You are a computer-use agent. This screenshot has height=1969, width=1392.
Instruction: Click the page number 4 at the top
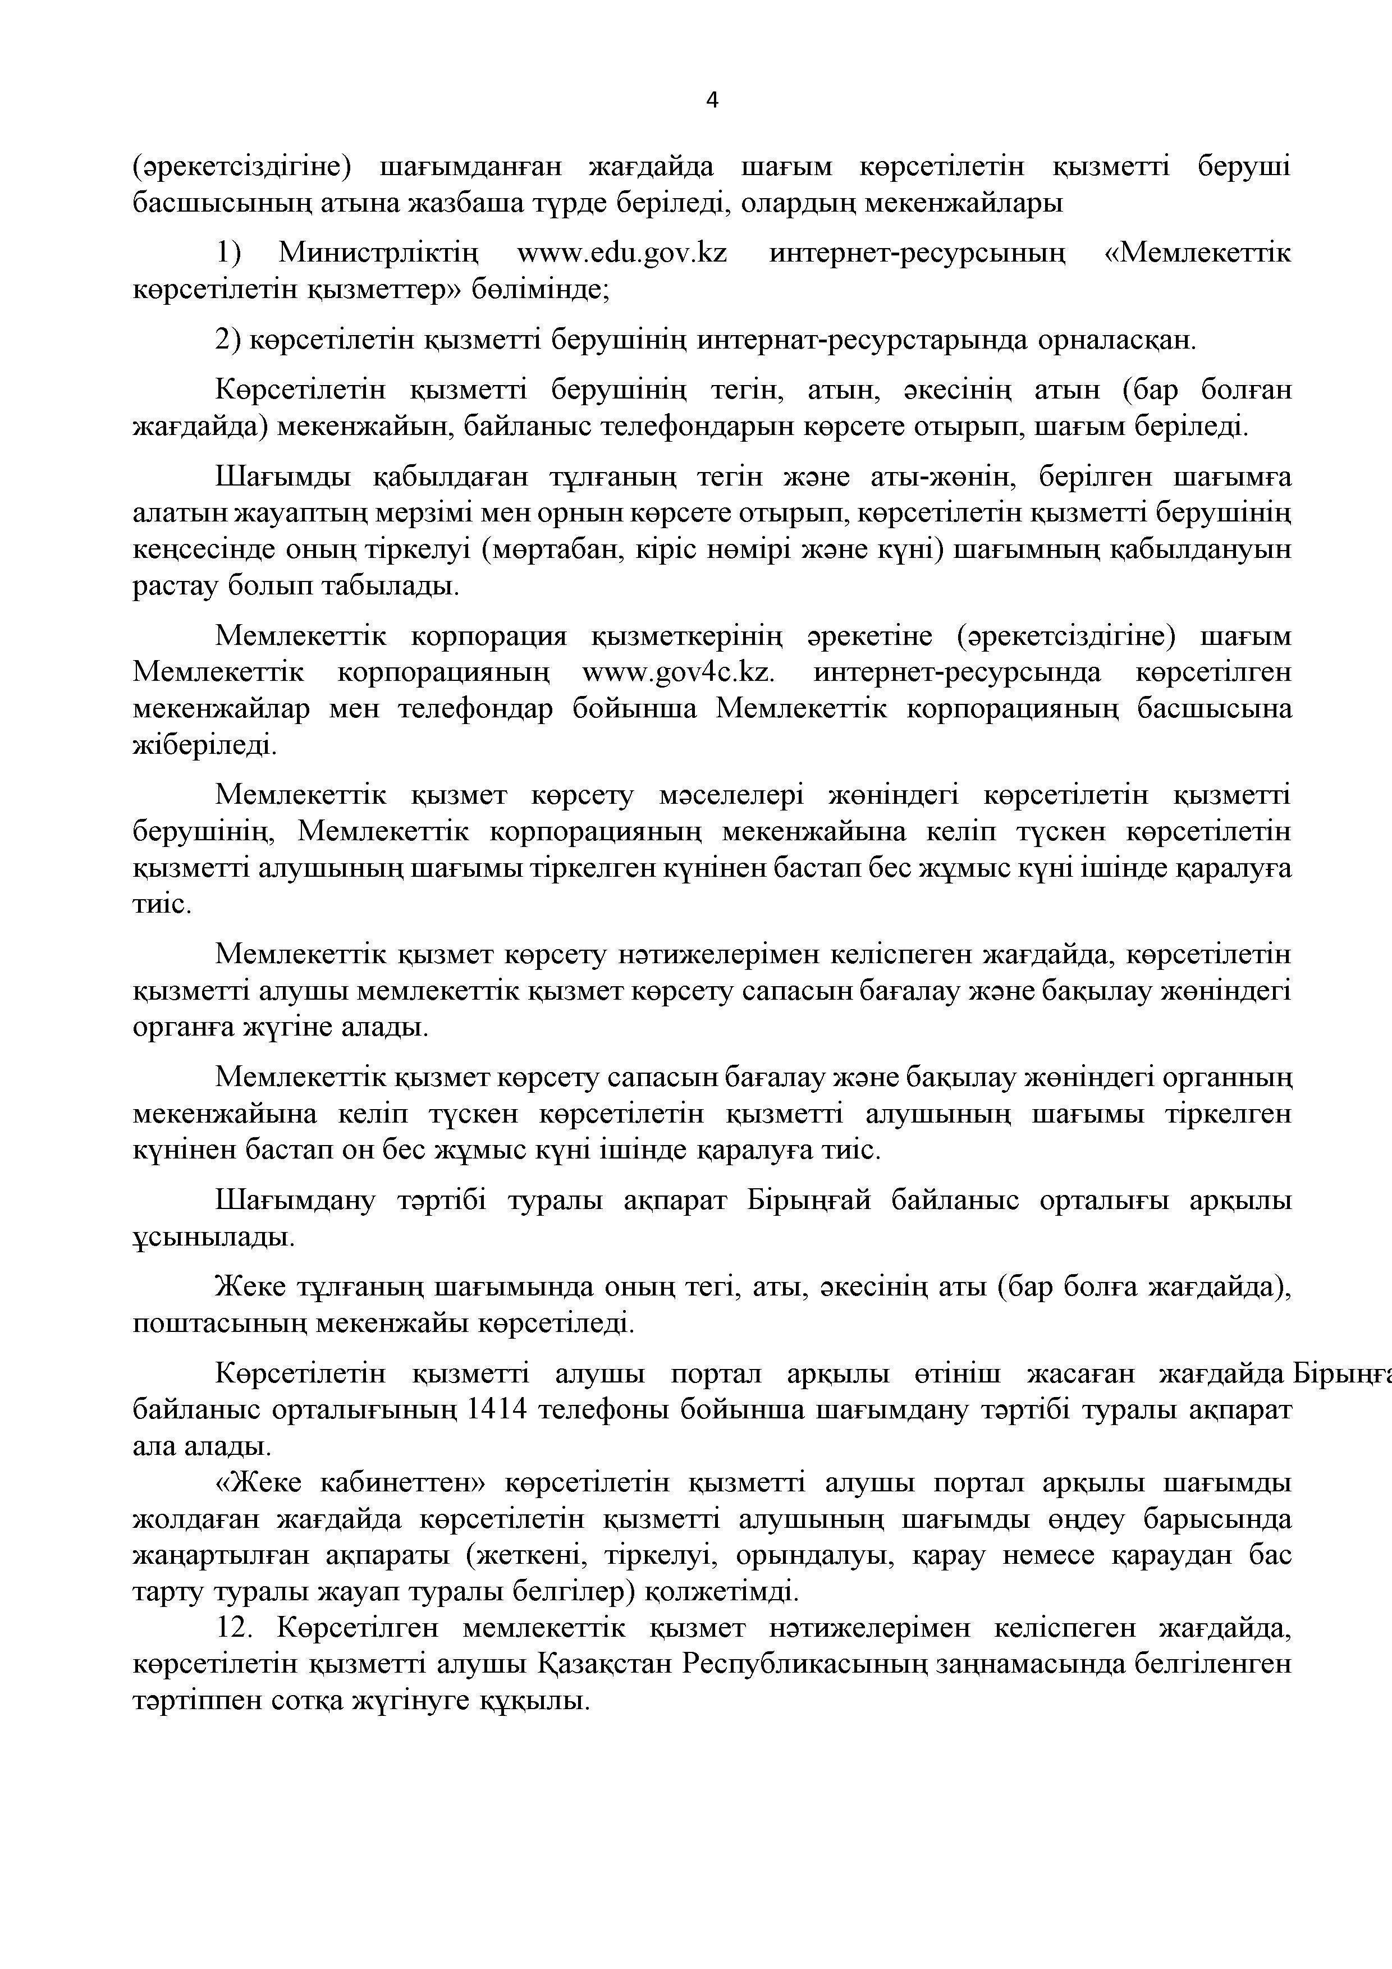712,100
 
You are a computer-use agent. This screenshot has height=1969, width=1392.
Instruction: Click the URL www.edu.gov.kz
622,254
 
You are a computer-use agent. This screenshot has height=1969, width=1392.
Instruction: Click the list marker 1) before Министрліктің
228,254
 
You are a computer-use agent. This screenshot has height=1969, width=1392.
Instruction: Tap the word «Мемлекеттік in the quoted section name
1197,254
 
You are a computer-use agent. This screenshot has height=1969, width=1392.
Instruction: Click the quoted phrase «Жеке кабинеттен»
351,1483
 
